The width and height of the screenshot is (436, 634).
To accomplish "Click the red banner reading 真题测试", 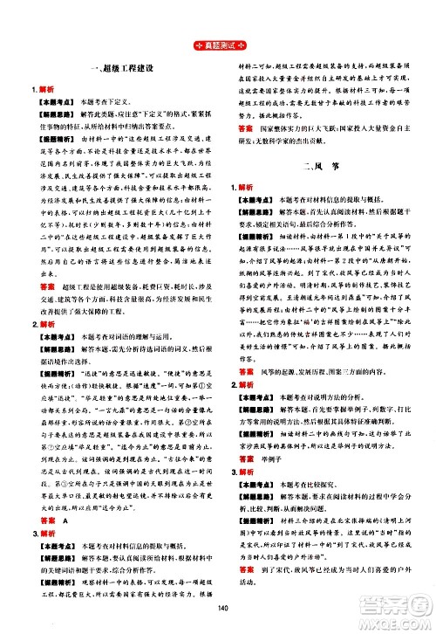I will pos(217,45).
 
